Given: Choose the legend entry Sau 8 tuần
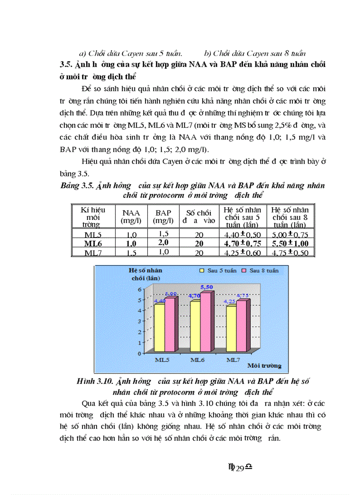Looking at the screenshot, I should click(264, 270).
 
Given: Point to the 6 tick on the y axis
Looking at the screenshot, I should click(141, 289).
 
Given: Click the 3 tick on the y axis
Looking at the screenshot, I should click(141, 321).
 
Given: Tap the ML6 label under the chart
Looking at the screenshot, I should click(197, 360).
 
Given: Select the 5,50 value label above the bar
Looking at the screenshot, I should click(206, 287).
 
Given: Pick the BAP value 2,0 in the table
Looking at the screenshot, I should click(163, 243).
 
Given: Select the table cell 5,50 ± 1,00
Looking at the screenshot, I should click(290, 243).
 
